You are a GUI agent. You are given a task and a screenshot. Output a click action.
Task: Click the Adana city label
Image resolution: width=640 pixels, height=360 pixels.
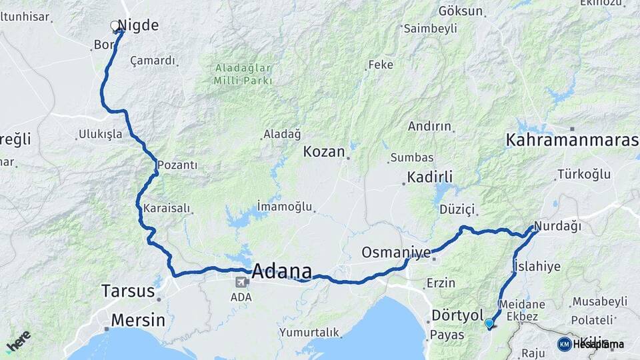[282, 271]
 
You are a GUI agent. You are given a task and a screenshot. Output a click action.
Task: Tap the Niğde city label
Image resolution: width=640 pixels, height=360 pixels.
[138, 25]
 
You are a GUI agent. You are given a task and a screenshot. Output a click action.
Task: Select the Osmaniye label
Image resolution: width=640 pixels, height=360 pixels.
[396, 252]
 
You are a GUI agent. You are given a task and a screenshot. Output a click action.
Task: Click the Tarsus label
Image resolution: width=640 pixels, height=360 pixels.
[128, 291]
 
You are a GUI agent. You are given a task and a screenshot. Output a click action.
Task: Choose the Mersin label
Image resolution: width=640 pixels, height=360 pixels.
[138, 320]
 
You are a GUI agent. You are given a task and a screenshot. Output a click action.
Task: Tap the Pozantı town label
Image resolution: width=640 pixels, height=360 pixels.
[178, 165]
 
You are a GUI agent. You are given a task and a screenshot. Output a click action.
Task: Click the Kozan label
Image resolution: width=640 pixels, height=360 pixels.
[324, 152]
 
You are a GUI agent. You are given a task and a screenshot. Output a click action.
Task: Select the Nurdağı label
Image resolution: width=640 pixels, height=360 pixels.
[558, 227]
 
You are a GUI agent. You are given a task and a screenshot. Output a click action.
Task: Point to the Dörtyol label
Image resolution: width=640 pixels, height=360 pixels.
[457, 315]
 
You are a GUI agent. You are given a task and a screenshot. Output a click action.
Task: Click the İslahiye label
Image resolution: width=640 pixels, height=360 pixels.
[537, 267]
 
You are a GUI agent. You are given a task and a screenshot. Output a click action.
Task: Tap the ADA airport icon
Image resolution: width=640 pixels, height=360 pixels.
[239, 282]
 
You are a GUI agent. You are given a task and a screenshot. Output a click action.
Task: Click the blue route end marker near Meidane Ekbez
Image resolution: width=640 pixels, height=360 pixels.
[489, 323]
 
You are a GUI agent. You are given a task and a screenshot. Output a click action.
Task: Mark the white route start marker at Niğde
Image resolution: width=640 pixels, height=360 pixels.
[115, 26]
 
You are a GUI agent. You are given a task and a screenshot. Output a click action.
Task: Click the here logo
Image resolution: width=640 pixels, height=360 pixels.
[18, 340]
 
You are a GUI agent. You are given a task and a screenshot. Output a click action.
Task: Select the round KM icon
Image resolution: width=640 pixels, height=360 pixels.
[564, 344]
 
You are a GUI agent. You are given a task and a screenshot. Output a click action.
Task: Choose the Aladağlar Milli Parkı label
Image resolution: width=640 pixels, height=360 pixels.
[243, 74]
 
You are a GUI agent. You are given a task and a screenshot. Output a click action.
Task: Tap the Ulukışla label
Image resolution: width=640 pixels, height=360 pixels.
[101, 134]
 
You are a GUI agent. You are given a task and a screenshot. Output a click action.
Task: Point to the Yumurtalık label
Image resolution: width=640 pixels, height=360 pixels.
[309, 332]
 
